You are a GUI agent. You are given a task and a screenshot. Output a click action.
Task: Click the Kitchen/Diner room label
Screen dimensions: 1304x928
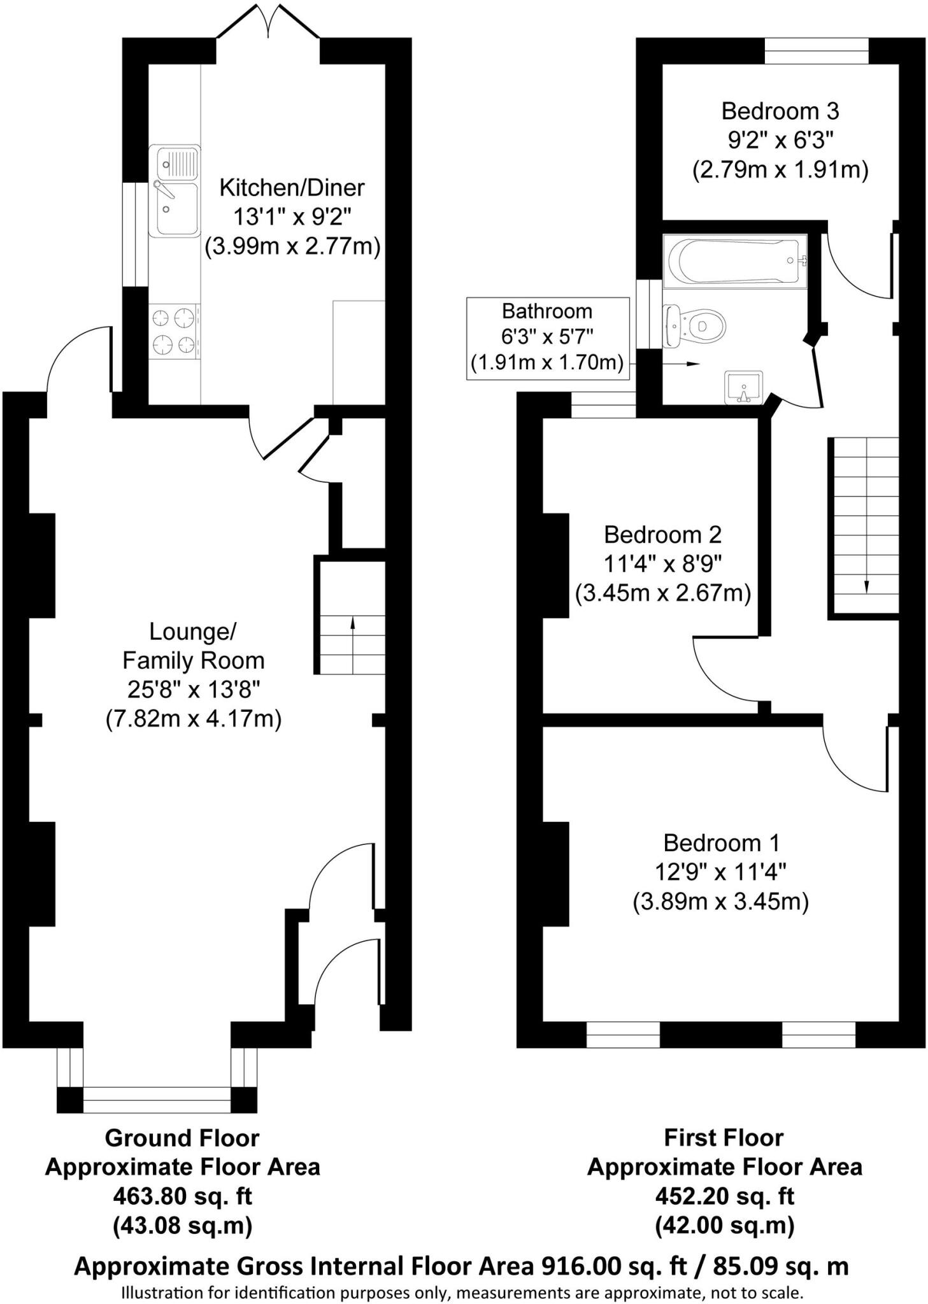[292, 188]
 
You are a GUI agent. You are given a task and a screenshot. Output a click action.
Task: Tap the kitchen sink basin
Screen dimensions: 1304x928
[175, 210]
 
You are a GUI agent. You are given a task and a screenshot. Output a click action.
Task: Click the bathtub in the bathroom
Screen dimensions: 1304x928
[734, 261]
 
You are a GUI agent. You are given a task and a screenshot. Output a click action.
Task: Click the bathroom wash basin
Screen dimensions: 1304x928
[743, 387]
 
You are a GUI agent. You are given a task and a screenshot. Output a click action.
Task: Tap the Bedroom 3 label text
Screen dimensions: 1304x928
[780, 111]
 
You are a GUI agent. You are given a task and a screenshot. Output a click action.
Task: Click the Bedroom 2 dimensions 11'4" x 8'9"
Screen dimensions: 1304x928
[662, 564]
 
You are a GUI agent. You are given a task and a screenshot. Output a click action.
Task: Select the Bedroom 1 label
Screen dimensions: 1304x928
[721, 843]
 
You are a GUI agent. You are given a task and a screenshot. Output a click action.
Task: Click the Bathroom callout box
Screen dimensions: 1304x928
[547, 338]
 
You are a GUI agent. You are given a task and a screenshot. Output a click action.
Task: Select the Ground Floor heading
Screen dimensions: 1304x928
[182, 1137]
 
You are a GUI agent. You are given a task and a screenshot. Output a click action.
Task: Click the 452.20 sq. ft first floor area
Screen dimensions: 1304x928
[724, 1196]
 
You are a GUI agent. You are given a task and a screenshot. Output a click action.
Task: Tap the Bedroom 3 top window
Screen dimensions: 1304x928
[816, 51]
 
